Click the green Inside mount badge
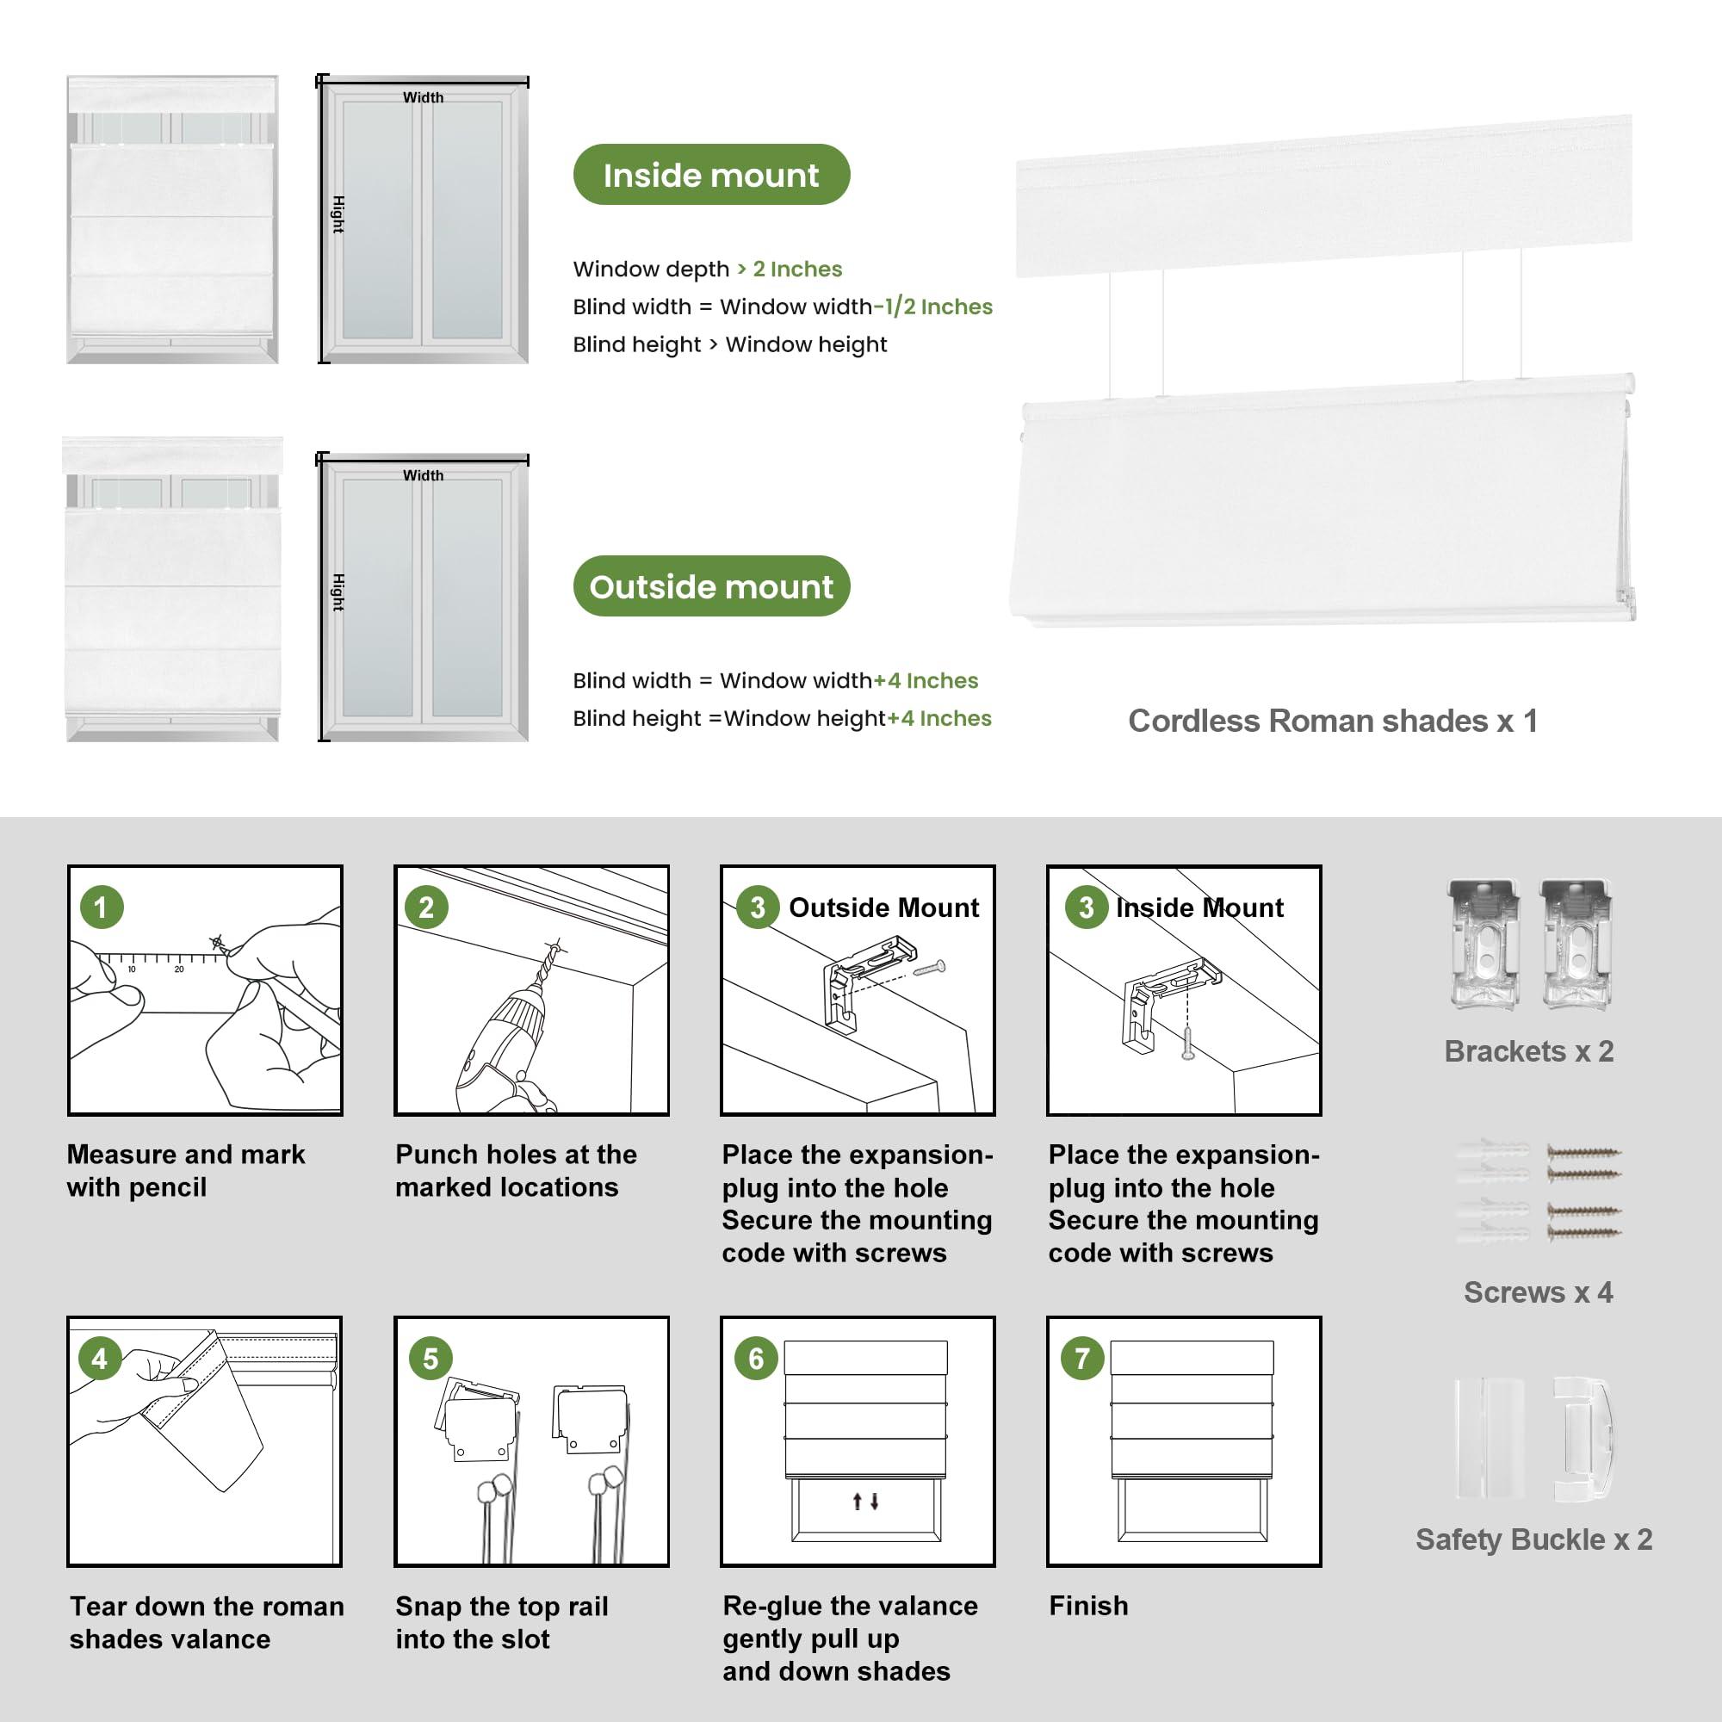[x=710, y=175]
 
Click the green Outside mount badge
[x=710, y=586]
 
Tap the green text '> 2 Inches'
[x=789, y=269]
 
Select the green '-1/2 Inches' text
[x=932, y=307]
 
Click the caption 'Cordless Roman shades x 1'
[x=1333, y=721]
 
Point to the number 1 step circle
[x=101, y=907]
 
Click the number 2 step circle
[x=426, y=907]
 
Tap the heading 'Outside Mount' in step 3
[x=883, y=907]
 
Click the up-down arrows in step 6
[x=865, y=1501]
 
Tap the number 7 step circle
[x=1082, y=1359]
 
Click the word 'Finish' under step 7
[x=1088, y=1605]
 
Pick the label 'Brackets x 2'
[x=1528, y=1050]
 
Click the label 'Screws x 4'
[x=1538, y=1291]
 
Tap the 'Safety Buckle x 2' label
[x=1533, y=1539]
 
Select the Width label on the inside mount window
[x=423, y=97]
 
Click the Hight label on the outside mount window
[x=338, y=592]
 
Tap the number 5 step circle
[x=430, y=1359]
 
